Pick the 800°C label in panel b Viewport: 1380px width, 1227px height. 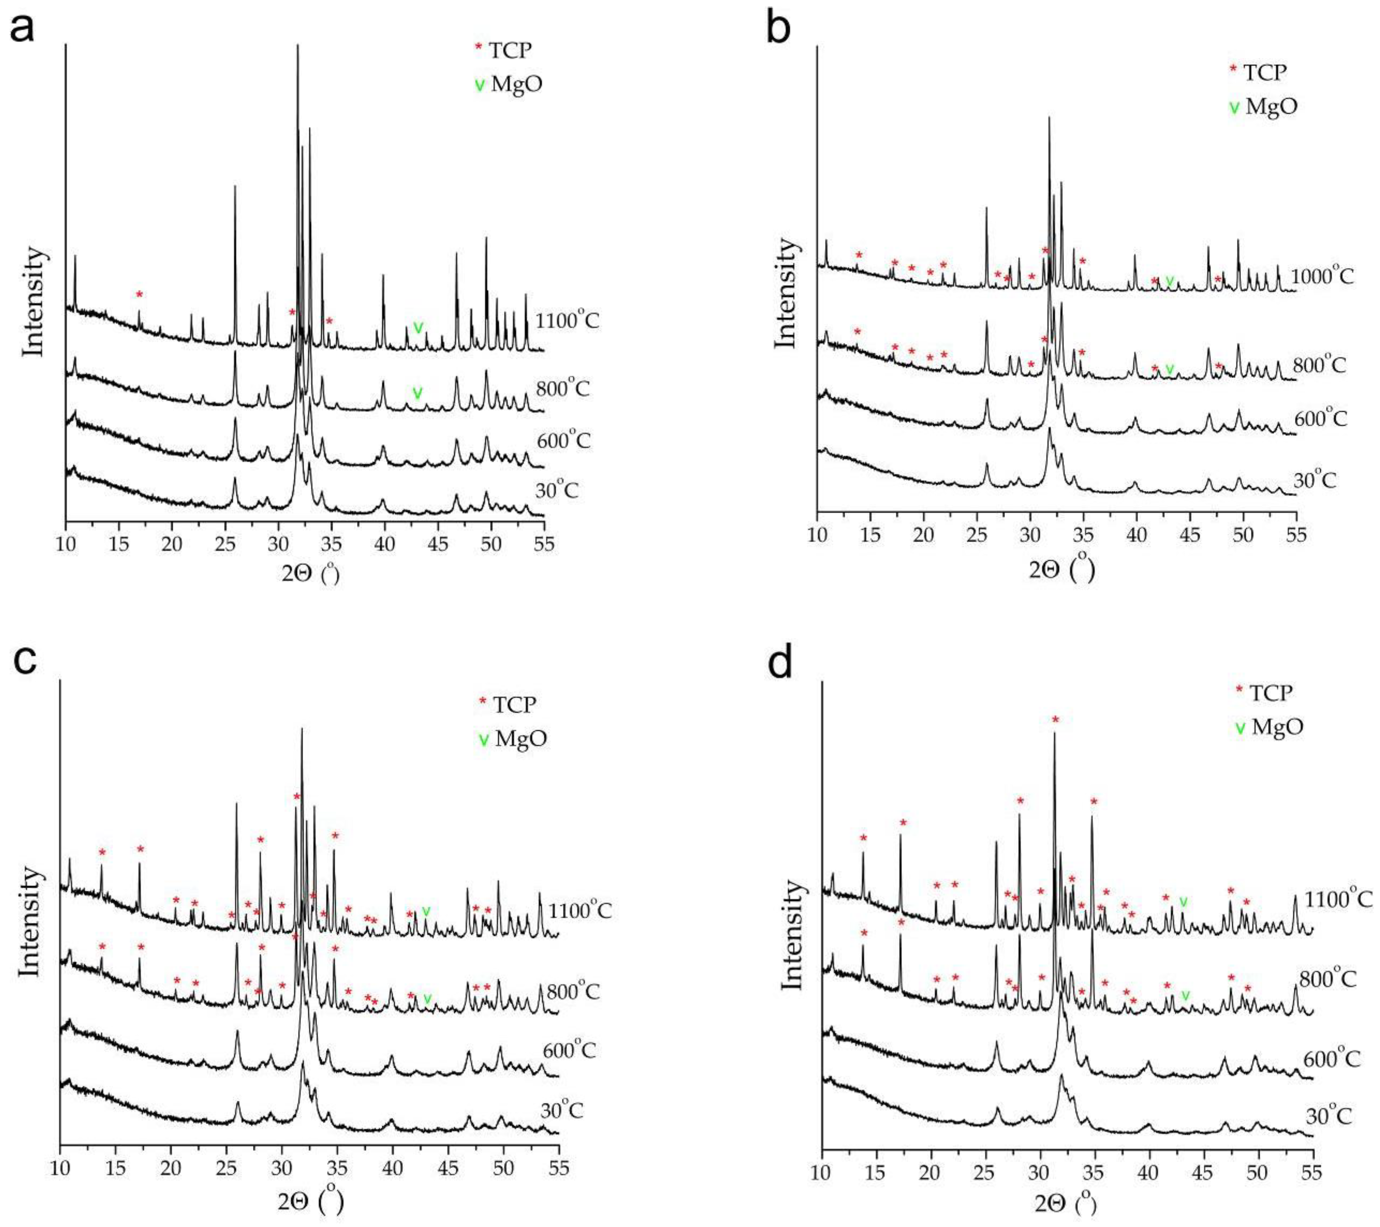[x=1319, y=365]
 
